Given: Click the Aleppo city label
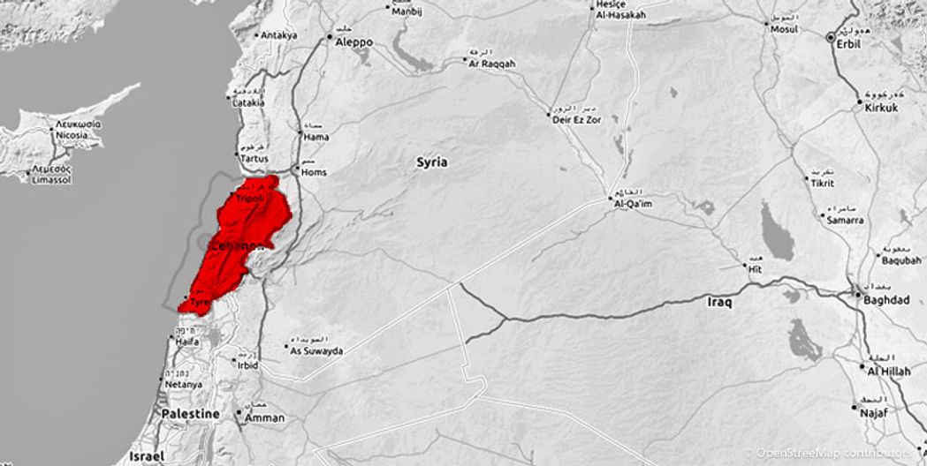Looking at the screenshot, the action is pyautogui.click(x=353, y=41).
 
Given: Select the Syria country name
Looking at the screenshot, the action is pyautogui.click(x=432, y=162).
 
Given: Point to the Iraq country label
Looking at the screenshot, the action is pyautogui.click(x=720, y=302).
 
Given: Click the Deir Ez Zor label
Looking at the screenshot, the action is pyautogui.click(x=576, y=119).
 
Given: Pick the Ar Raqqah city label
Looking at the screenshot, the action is pyautogui.click(x=492, y=64).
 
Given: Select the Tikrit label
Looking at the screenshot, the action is pyautogui.click(x=820, y=183).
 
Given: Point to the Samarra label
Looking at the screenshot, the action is pyautogui.click(x=846, y=220).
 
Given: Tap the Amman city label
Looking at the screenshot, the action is pyautogui.click(x=266, y=417).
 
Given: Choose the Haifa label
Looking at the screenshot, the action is pyautogui.click(x=187, y=342).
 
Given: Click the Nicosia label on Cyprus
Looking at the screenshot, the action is pyautogui.click(x=72, y=136).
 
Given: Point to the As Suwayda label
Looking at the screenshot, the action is pyautogui.click(x=316, y=350).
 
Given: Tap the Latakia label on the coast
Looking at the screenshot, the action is pyautogui.click(x=247, y=103).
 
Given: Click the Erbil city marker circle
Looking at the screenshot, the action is pyautogui.click(x=830, y=37).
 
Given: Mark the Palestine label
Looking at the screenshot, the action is pyautogui.click(x=190, y=413).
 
